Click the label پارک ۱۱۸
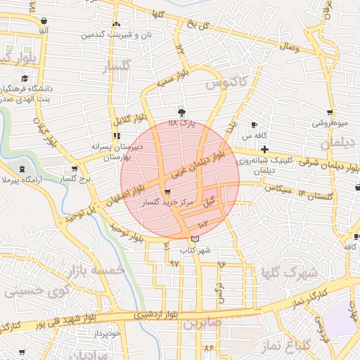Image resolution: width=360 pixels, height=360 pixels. pos(181,124)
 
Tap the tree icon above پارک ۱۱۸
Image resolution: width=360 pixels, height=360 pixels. pos(182,112)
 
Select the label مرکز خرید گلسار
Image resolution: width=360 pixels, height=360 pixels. pos(165,202)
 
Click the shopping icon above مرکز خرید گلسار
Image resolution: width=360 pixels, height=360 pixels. pos(167,192)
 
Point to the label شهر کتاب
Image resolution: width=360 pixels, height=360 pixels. pos(195,250)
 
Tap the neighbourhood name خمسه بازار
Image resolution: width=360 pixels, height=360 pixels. pos(96,270)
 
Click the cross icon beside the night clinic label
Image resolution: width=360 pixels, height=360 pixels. pos(264,149)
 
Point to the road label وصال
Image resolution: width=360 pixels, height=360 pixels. pos(290,48)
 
